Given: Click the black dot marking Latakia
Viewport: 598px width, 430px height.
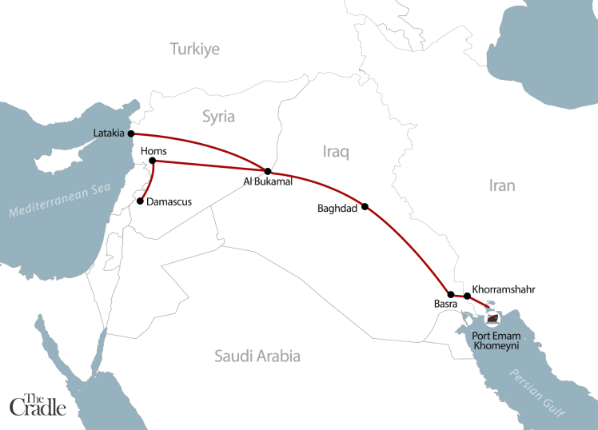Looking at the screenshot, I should click(x=130, y=134).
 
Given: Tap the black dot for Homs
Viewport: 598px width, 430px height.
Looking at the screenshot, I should click(x=152, y=161).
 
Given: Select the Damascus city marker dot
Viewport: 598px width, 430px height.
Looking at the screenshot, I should click(x=141, y=201).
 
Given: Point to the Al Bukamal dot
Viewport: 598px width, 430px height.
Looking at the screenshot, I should click(x=268, y=171).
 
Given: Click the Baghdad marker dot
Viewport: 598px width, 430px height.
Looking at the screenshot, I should click(x=365, y=206).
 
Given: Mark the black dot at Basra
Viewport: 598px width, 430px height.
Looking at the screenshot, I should click(x=451, y=295).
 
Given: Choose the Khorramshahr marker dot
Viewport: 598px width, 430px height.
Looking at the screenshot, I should click(x=468, y=297).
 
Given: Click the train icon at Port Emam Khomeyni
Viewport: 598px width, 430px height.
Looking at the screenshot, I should click(x=492, y=319).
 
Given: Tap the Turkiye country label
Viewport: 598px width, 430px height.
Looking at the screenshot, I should click(x=194, y=50).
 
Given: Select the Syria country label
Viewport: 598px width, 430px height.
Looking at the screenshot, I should click(x=218, y=117).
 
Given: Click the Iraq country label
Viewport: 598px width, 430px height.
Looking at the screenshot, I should click(x=337, y=152).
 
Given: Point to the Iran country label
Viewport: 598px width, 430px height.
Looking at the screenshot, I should click(x=502, y=185).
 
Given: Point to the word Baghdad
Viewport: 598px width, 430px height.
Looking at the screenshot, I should click(x=336, y=211).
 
